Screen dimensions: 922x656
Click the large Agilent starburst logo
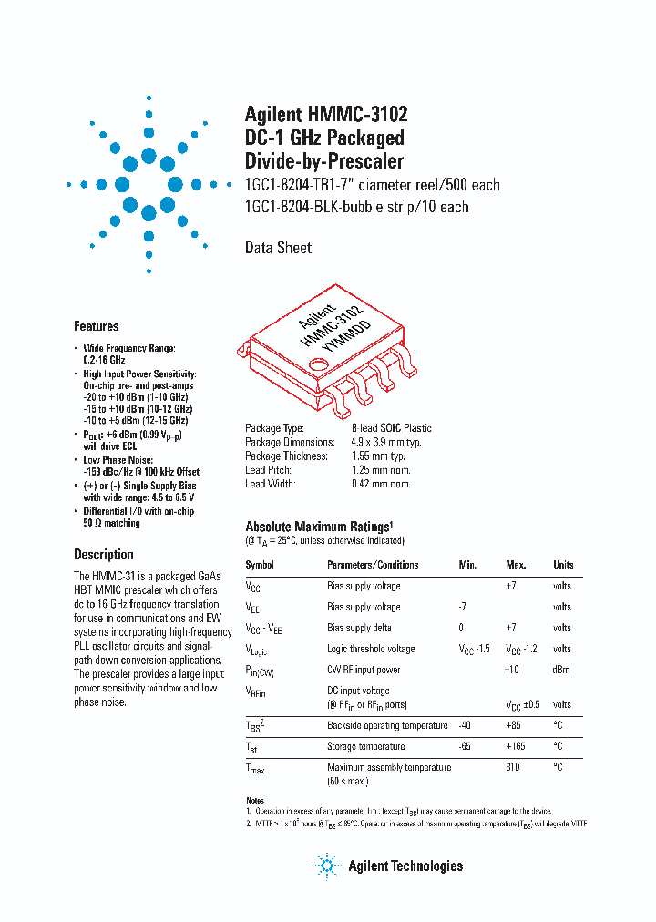pos(149,184)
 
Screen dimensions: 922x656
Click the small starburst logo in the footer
pos(325,866)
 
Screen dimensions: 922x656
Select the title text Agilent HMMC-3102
pos(326,114)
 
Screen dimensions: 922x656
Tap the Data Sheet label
pos(278,247)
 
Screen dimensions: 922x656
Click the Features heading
pos(96,326)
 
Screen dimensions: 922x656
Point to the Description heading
pos(103,554)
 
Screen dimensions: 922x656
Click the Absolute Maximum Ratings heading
pos(319,527)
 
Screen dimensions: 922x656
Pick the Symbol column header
pos(260,565)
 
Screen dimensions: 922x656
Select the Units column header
pos(563,565)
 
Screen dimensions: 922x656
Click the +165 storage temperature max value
pos(516,746)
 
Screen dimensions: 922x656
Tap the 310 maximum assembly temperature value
pos(514,767)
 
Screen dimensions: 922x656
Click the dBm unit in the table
pos(562,670)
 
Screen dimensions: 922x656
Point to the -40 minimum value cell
pos(466,725)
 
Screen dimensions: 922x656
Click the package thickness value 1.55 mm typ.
pos(379,456)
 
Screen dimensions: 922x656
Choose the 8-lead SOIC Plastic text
pos(392,428)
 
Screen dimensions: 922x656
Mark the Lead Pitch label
pos(267,470)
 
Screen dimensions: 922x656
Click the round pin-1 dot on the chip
pos(319,366)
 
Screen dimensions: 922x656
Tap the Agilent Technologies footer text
pos(405,866)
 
